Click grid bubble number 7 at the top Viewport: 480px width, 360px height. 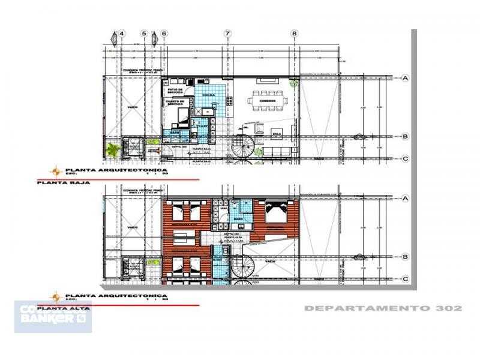(x=227, y=34)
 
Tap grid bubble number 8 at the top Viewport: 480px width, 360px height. (x=294, y=34)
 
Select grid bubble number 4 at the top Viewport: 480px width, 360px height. (x=122, y=34)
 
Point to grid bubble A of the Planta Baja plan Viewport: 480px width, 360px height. (x=406, y=78)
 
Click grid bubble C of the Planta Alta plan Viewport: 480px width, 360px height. (x=406, y=279)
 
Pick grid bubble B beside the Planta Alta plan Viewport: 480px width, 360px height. (x=406, y=257)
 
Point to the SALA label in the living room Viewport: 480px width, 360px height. (x=277, y=134)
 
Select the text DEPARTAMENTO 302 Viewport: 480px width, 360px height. (x=383, y=308)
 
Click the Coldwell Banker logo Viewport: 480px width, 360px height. (x=53, y=316)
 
